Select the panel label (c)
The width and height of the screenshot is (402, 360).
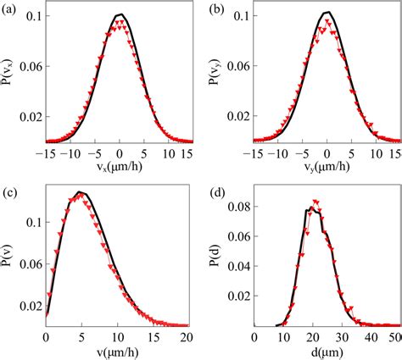pos(9,189)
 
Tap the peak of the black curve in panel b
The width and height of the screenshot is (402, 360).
pos(327,12)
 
